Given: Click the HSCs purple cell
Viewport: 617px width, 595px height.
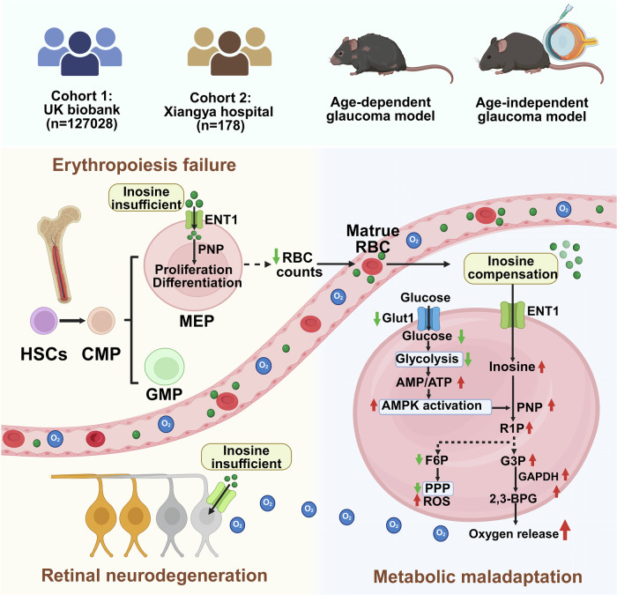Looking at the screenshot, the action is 44,321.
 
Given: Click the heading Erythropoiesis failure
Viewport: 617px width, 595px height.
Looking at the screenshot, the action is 145,165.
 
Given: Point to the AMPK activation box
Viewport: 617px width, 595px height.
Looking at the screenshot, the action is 435,406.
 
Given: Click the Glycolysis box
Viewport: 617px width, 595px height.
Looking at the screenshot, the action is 428,359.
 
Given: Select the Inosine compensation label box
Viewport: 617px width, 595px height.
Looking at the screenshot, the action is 511,268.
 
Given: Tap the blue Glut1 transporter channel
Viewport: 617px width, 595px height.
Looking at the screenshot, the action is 427,318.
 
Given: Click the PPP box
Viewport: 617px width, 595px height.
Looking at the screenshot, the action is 437,488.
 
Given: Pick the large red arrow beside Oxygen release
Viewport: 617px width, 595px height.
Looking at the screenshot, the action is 565,530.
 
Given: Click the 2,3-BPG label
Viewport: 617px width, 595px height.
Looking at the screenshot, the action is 513,499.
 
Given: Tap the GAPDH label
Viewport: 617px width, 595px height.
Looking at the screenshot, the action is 539,477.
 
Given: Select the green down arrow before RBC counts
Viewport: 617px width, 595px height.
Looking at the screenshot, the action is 276,257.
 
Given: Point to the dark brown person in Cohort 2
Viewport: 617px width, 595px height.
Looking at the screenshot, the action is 230,54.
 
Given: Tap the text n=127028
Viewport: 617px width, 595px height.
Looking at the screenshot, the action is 82,124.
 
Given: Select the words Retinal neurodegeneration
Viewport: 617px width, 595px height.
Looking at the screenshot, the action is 154,576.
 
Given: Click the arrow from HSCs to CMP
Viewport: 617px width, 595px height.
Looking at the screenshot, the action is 72,321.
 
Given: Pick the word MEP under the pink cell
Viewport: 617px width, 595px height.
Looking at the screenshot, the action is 197,321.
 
